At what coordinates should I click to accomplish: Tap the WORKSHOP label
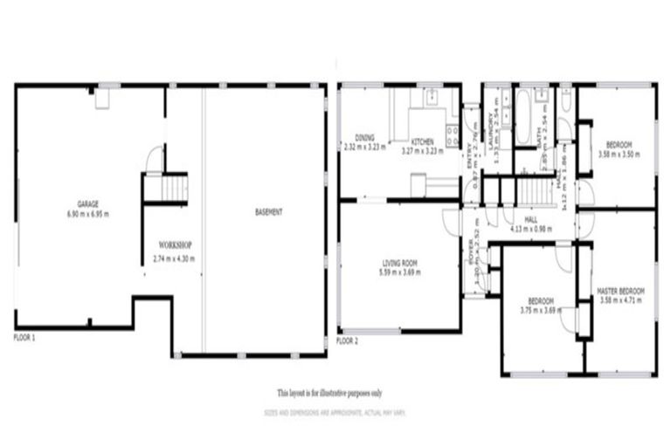point(175,244)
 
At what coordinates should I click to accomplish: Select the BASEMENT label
point(268,213)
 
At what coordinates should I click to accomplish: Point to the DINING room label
point(364,138)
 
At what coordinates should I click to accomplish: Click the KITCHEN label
point(423,141)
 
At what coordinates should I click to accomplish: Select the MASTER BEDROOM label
point(620,290)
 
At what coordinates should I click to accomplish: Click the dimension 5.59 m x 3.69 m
point(401,272)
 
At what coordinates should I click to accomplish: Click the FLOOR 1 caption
point(24,336)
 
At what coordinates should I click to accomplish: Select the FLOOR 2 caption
point(347,340)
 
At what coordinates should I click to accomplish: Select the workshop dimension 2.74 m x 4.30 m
point(174,258)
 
